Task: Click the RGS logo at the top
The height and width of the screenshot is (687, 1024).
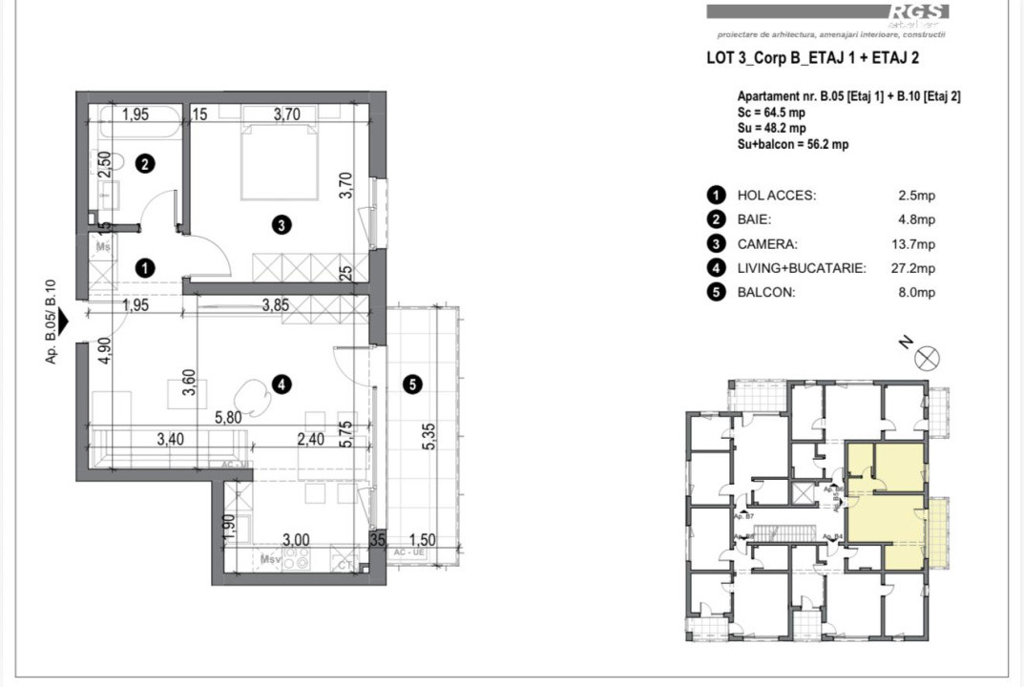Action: [x=918, y=11]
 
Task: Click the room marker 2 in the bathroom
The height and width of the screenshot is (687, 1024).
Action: [x=144, y=164]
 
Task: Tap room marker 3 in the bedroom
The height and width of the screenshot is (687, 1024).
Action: [x=281, y=225]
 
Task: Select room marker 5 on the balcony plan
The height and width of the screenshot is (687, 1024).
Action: [x=411, y=385]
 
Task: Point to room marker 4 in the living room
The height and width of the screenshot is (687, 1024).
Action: [x=281, y=385]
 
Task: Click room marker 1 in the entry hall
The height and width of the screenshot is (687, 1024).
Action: [x=144, y=269]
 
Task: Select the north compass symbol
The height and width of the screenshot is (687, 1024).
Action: [x=927, y=358]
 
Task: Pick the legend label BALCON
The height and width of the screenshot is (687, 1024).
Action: [x=765, y=293]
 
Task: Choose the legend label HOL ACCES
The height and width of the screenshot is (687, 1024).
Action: [x=777, y=196]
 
